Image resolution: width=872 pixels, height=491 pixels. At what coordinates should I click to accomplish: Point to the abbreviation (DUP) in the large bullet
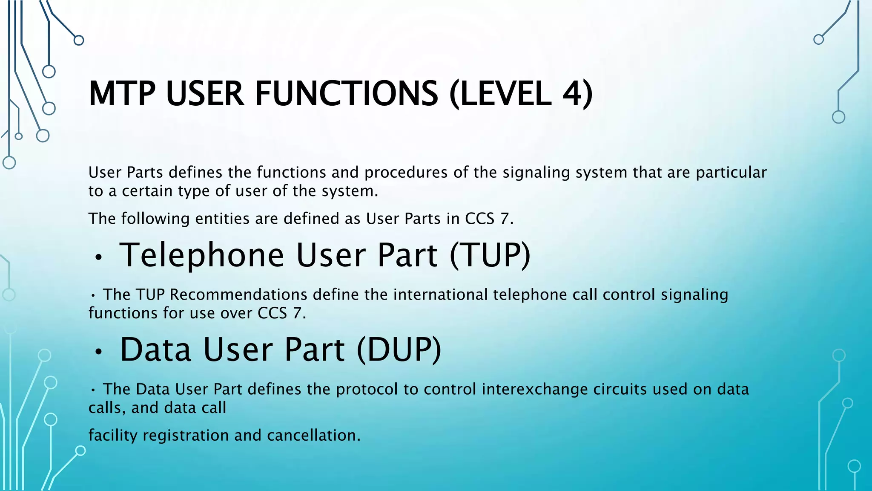click(x=399, y=349)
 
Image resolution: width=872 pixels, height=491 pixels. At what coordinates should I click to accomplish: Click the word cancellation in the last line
click(x=313, y=435)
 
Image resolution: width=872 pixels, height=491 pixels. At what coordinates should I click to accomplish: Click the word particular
click(x=731, y=173)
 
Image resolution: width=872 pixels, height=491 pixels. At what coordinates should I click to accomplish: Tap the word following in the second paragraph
click(x=155, y=219)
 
